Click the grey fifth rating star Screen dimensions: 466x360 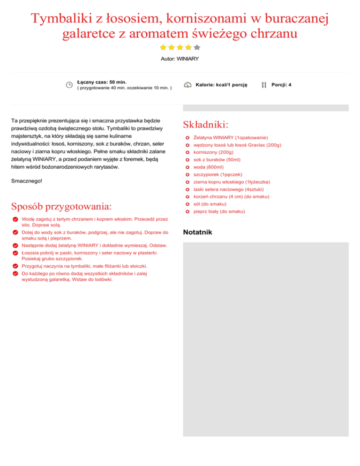pos(197,47)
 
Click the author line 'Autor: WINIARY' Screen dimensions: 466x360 pos(180,59)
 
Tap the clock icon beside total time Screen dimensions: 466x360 pos(69,85)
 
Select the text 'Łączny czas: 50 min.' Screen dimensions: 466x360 pos(101,82)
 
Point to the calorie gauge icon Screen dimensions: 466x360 pos(187,85)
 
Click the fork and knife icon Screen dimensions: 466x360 pos(264,85)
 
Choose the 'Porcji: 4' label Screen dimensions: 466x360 pos(281,85)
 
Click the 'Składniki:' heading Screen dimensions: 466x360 pos(206,125)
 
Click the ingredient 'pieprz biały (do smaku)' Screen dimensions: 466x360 pos(219,212)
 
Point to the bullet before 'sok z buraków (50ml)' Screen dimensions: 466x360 pos(187,160)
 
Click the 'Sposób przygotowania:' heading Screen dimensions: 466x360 pos(61,207)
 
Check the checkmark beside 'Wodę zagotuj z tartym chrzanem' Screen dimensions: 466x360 pos(15,219)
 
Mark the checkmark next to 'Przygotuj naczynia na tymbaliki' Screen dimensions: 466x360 pos(15,266)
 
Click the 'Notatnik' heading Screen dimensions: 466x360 pos(198,232)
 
